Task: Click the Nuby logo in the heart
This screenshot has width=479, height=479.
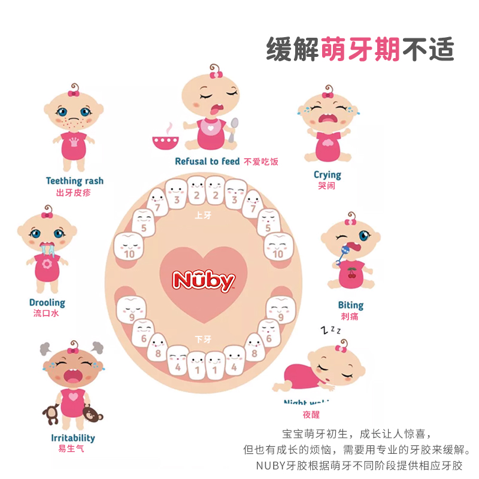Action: click(204, 280)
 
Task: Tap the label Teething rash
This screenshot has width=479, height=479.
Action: click(74, 181)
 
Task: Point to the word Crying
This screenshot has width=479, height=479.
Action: click(328, 175)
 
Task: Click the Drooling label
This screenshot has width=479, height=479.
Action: click(47, 302)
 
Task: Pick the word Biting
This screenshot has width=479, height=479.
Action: click(350, 305)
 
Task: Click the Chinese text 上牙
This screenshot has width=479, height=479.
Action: click(204, 213)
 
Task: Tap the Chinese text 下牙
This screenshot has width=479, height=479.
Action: click(203, 339)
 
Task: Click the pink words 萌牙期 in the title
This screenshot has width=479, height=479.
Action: click(360, 48)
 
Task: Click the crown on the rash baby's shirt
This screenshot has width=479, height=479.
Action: click(74, 143)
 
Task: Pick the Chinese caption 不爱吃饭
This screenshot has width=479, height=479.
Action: click(261, 162)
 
